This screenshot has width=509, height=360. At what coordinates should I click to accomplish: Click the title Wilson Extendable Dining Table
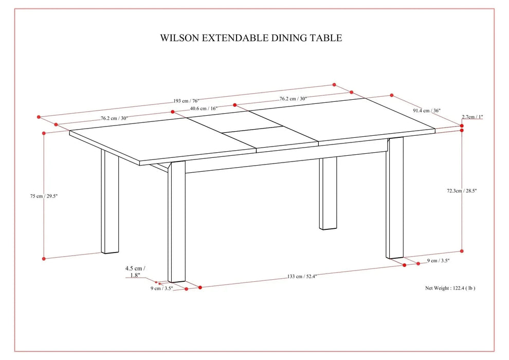point(251,38)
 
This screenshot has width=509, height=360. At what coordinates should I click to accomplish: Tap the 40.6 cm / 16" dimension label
point(204,109)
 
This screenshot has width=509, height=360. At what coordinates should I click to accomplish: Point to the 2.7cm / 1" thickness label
point(472,117)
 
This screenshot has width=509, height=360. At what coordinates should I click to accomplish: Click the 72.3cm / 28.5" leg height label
point(461,190)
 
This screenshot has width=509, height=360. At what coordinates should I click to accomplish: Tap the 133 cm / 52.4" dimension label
point(302,277)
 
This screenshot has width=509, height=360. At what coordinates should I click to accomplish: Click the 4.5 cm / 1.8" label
point(135,272)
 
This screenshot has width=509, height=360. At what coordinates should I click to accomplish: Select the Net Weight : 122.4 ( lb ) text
point(450,288)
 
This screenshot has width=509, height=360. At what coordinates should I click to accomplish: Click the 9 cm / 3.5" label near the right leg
point(439,261)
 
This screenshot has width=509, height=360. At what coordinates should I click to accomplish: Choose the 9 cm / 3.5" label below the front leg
point(161,289)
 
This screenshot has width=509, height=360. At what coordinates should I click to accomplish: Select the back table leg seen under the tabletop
point(328,193)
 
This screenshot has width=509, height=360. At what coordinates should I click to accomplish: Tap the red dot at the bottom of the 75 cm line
point(44,258)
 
